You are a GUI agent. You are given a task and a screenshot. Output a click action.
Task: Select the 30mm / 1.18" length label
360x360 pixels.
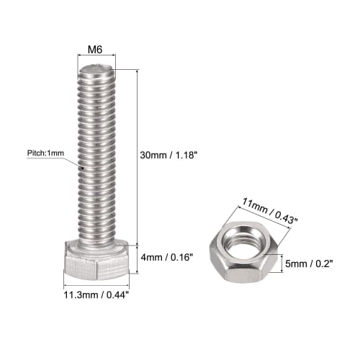coord(171,153)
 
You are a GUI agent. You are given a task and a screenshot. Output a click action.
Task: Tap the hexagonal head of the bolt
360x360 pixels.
coord(95,264)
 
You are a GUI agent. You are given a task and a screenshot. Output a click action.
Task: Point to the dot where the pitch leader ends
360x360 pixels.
coord(84,170)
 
